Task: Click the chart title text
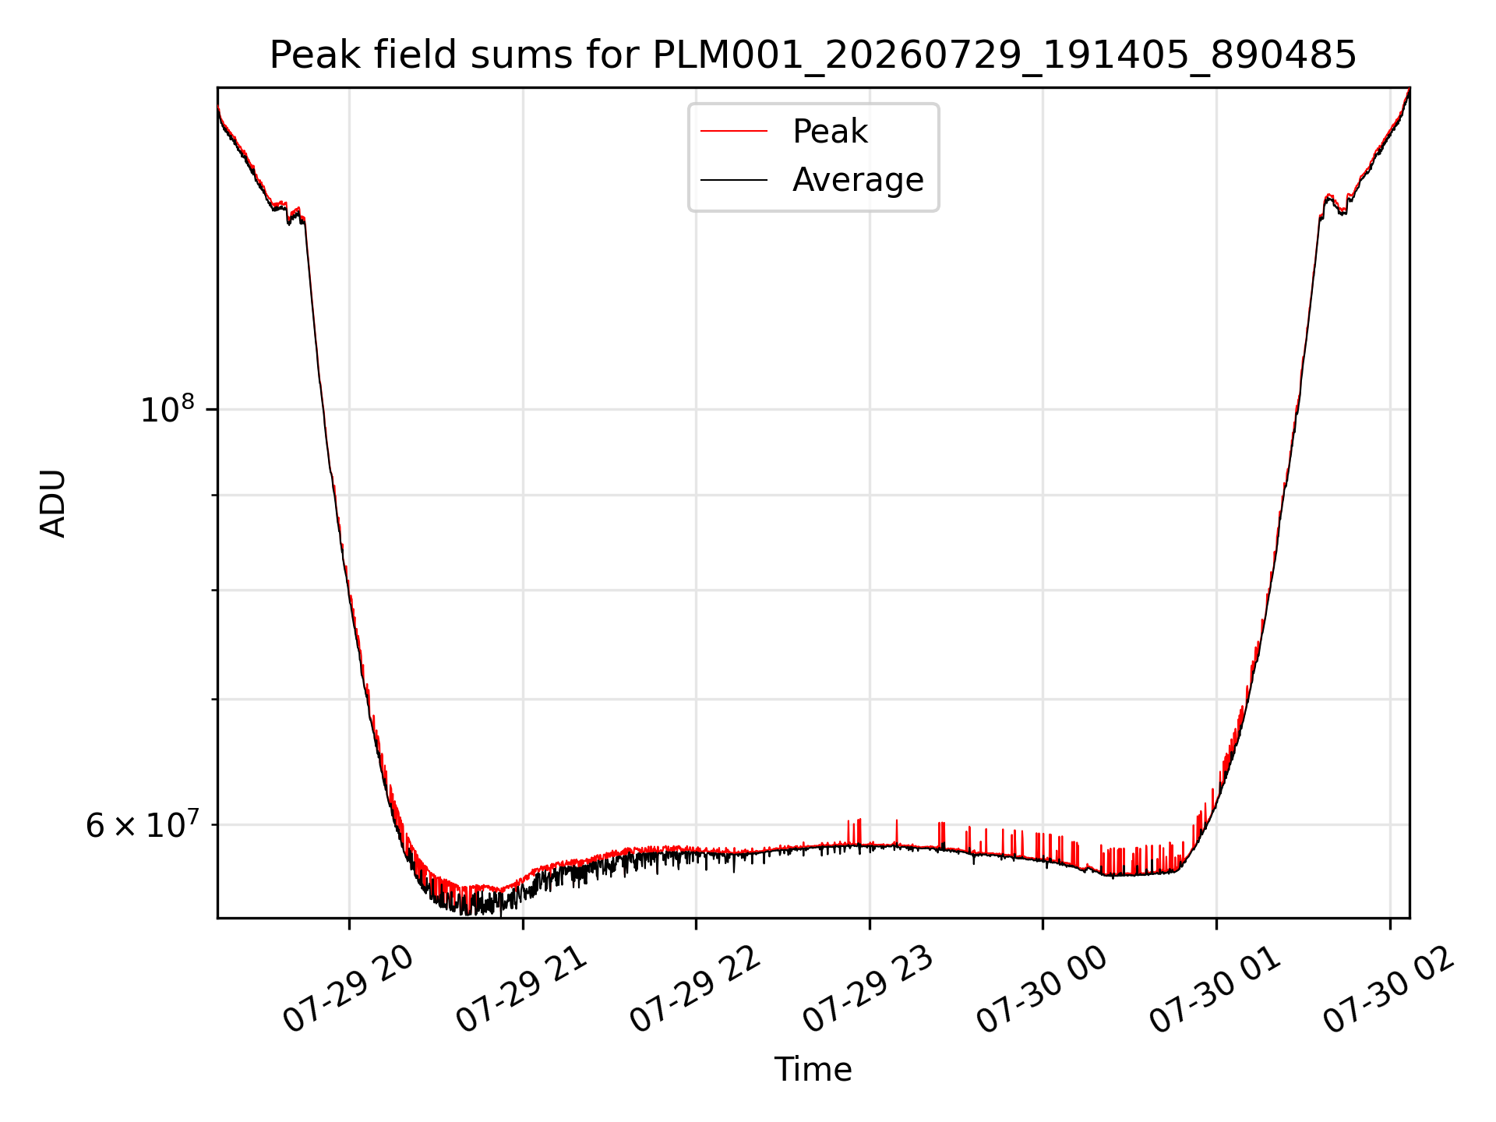pyautogui.click(x=813, y=55)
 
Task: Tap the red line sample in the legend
pyautogui.click(x=734, y=132)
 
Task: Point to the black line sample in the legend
pyautogui.click(x=734, y=180)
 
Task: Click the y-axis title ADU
pyautogui.click(x=53, y=503)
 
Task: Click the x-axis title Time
pyautogui.click(x=813, y=1070)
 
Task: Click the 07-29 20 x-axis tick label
pyautogui.click(x=348, y=990)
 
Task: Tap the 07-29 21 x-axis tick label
pyautogui.click(x=522, y=990)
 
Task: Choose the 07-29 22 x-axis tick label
pyautogui.click(x=695, y=990)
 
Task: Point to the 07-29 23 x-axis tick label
pyautogui.click(x=869, y=990)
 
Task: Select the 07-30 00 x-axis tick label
pyautogui.click(x=1043, y=990)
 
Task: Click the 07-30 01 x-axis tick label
pyautogui.click(x=1216, y=990)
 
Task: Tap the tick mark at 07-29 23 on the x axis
pyautogui.click(x=870, y=924)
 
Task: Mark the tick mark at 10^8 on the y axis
pyautogui.click(x=212, y=409)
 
